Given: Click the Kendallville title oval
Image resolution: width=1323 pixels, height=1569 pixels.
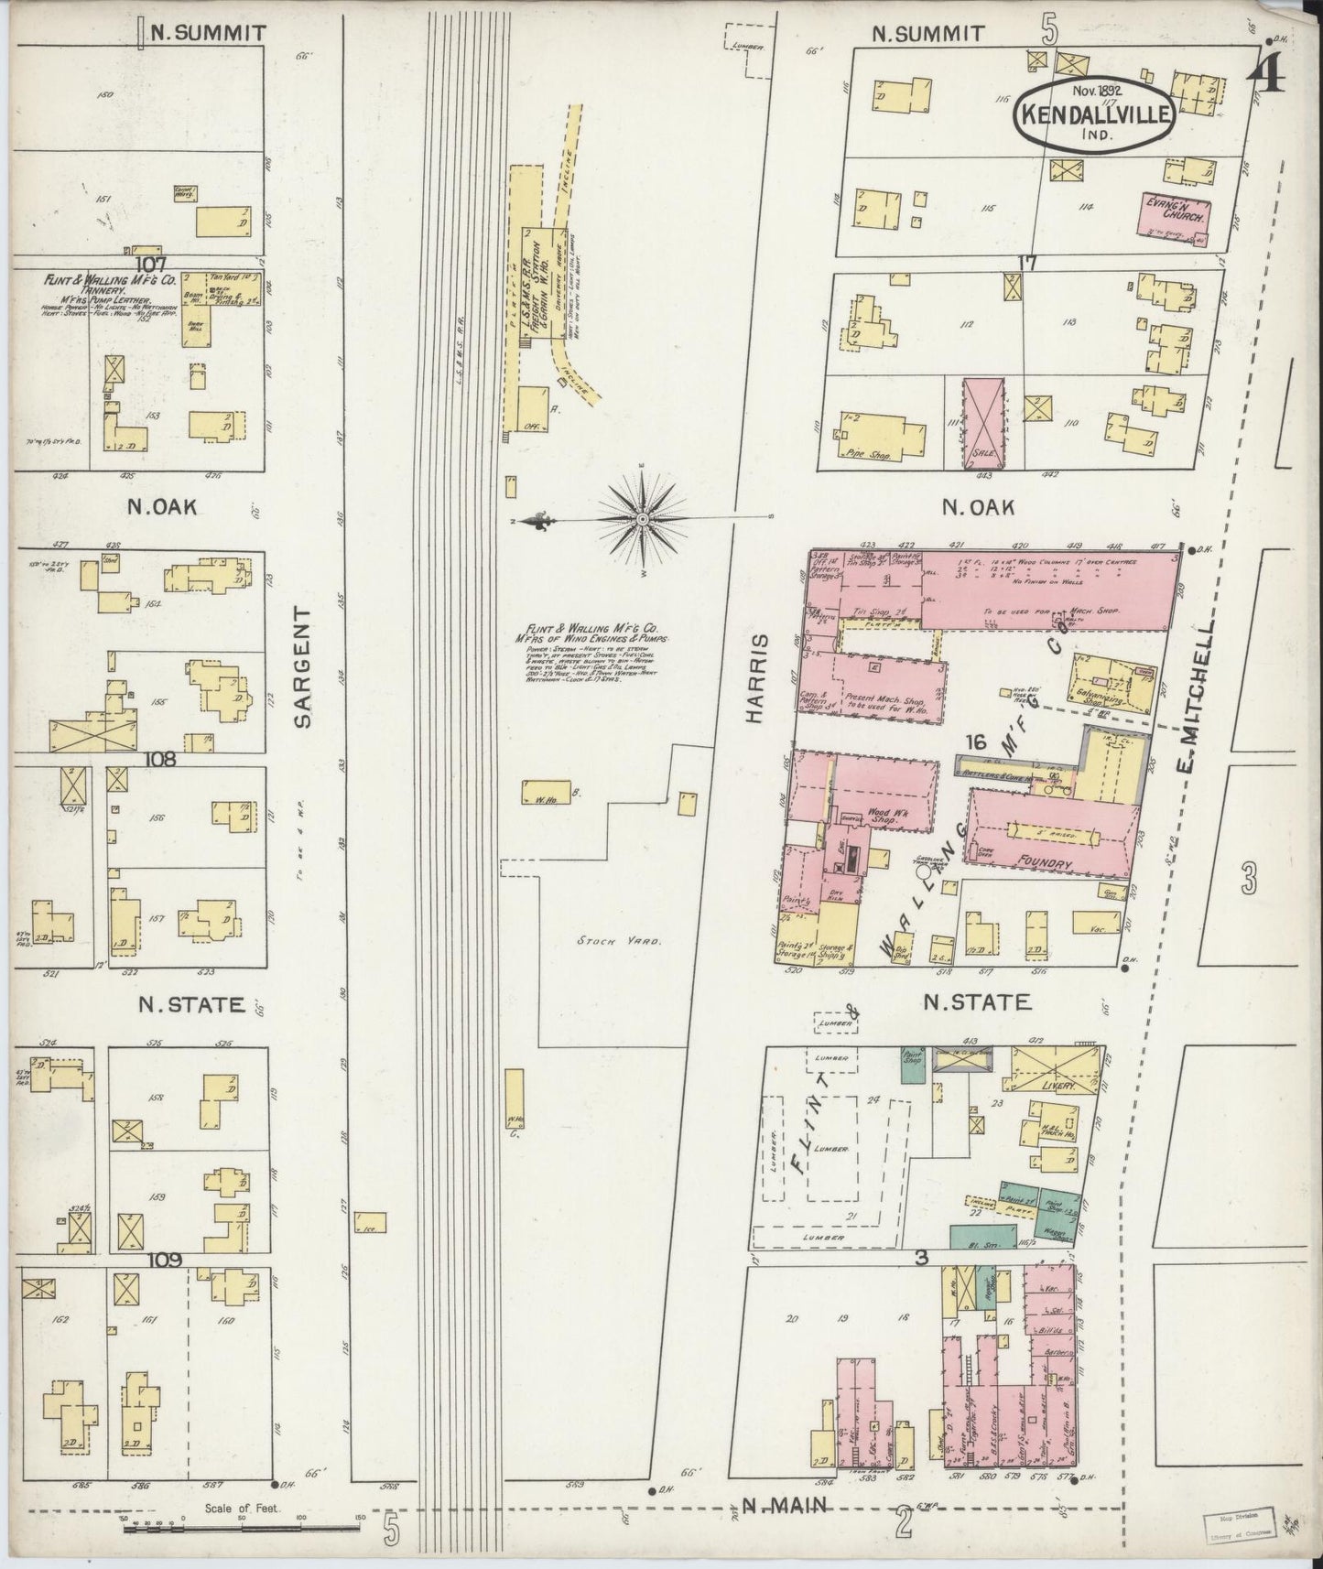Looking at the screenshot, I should tap(1090, 115).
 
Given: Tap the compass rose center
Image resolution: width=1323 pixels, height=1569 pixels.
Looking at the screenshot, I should tap(643, 518).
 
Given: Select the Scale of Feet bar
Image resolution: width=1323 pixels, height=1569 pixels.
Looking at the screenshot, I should tap(240, 1526).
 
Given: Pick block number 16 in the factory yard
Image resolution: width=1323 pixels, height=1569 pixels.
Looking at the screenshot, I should tap(974, 742).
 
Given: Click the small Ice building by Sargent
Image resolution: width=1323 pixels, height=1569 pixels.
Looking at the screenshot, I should tap(370, 1222).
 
